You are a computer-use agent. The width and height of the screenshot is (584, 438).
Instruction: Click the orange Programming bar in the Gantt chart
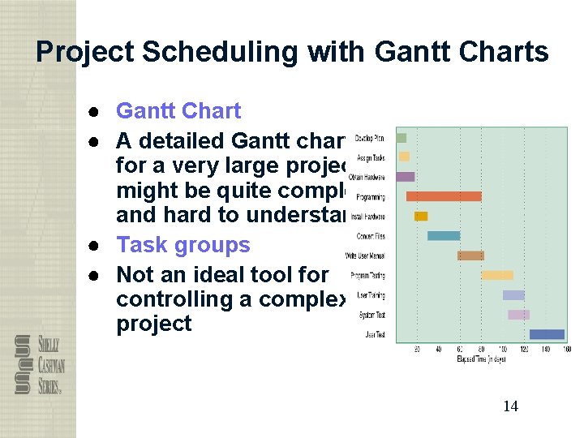click(443, 196)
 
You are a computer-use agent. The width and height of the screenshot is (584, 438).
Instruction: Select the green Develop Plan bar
click(401, 138)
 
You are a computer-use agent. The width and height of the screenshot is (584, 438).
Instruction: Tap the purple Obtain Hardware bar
click(405, 177)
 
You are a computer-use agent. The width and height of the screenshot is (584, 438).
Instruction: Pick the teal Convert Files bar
click(444, 236)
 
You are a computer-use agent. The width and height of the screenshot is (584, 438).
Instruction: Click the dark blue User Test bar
click(547, 334)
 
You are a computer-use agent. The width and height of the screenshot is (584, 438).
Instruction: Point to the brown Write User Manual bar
click(470, 255)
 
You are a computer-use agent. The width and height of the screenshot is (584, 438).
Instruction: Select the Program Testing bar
click(497, 275)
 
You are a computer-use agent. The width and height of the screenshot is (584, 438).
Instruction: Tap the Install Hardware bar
click(421, 217)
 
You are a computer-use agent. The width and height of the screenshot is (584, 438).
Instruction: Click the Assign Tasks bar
click(404, 157)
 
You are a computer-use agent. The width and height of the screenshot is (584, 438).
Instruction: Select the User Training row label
click(371, 295)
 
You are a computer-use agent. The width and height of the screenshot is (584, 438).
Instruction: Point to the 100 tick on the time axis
click(503, 350)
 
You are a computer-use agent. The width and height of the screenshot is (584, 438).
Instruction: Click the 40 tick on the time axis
click(439, 350)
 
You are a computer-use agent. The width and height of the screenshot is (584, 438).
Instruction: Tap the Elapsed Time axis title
click(481, 359)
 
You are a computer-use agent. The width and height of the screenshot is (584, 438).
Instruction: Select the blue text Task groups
click(182, 245)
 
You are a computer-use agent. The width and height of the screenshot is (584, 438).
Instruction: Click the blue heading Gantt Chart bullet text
click(178, 111)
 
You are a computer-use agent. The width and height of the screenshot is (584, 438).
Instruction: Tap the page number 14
click(510, 406)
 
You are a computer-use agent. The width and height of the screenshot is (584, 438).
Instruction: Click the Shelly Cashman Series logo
click(39, 364)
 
